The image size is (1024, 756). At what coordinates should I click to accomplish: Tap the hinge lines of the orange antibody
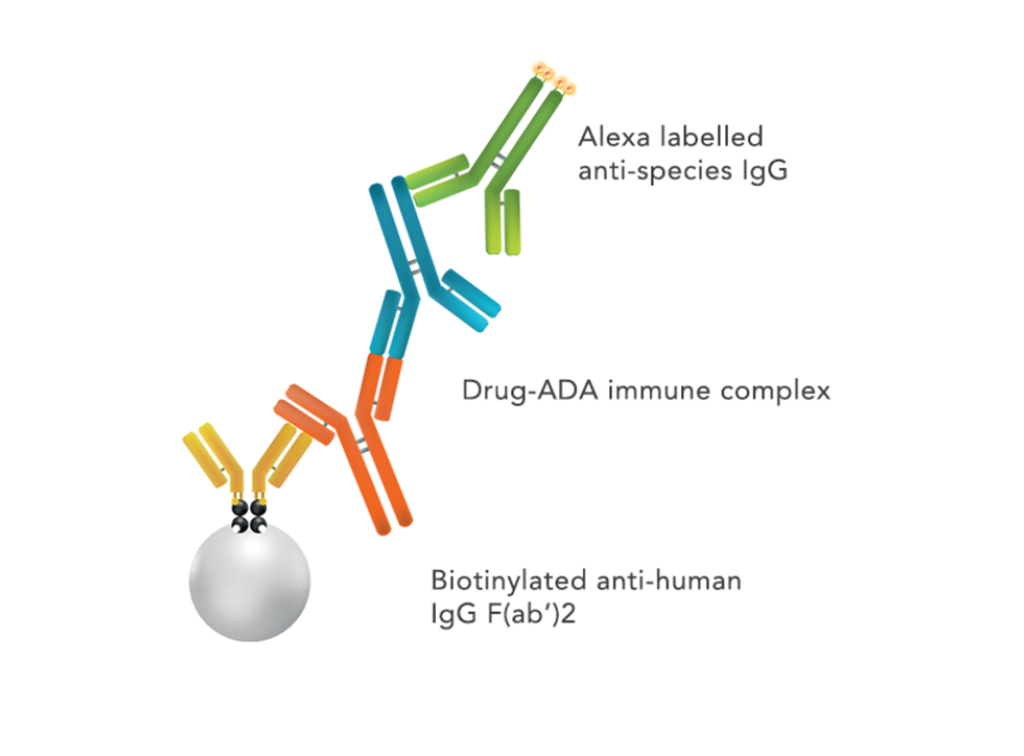click(x=365, y=444)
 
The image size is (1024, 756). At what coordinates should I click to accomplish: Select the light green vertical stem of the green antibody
click(x=503, y=222)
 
